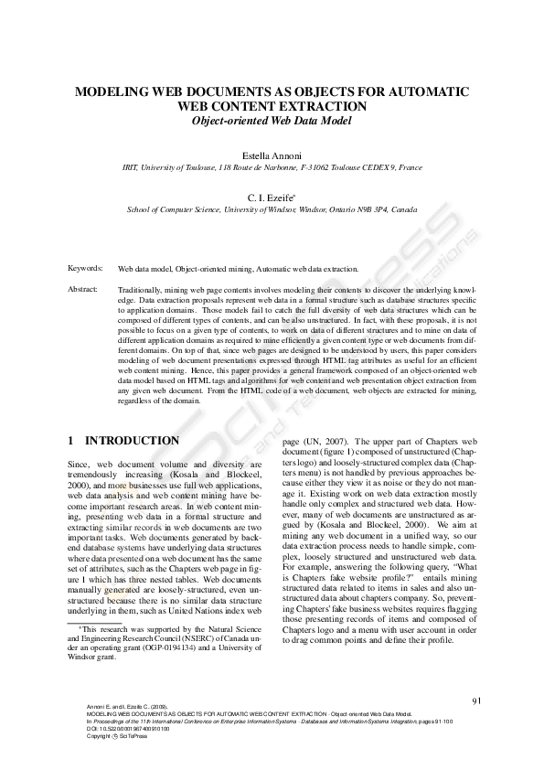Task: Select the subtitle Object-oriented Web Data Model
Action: (x=272, y=121)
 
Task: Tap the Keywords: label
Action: (x=85, y=268)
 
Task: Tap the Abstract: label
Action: (x=83, y=289)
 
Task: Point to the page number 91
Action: (x=476, y=700)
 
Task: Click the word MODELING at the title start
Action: (x=112, y=92)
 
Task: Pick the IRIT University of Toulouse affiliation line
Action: (x=272, y=168)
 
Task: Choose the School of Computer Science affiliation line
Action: (x=272, y=209)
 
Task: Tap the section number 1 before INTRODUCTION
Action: (x=71, y=440)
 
